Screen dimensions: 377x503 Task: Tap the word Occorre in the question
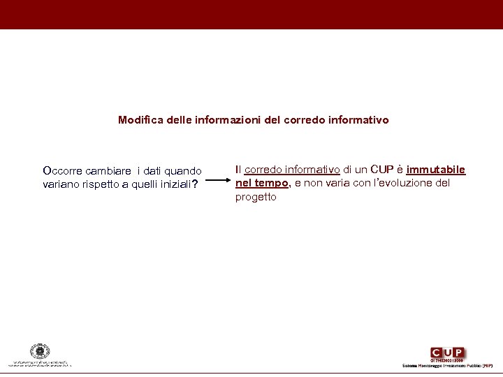[62, 170]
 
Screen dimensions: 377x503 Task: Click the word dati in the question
[154, 170]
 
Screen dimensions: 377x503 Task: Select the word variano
[61, 184]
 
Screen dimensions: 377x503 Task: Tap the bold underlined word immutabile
[436, 170]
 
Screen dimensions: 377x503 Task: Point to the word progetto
[256, 197]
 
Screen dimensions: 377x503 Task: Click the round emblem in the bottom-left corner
[40, 351]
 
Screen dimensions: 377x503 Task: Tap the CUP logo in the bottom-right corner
[448, 353]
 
